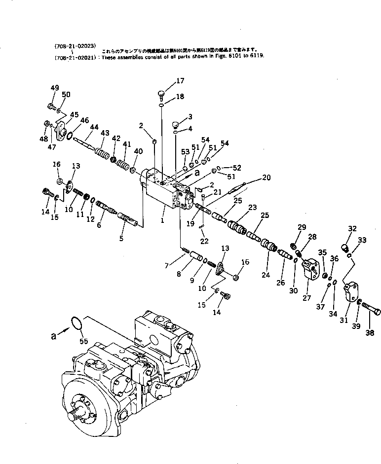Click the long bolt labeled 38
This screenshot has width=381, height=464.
[371, 312]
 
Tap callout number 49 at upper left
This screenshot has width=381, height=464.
[54, 88]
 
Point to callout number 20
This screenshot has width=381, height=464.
[267, 177]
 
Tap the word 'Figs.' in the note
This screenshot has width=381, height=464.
[225, 56]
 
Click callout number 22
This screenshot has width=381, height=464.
[204, 241]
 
